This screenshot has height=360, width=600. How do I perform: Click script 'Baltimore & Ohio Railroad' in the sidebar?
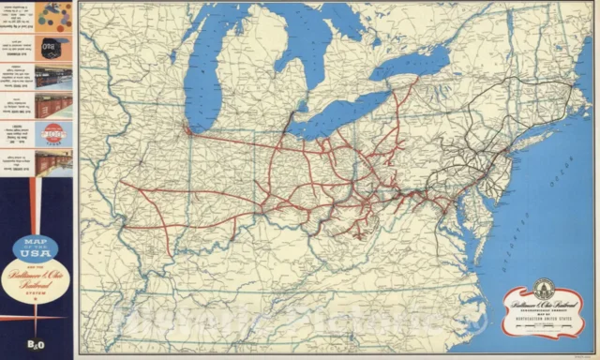pyautogui.click(x=35, y=277)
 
